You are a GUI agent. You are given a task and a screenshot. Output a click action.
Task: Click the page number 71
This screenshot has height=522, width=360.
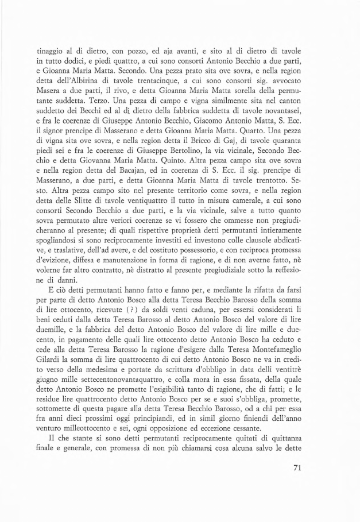(x=296, y=451)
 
